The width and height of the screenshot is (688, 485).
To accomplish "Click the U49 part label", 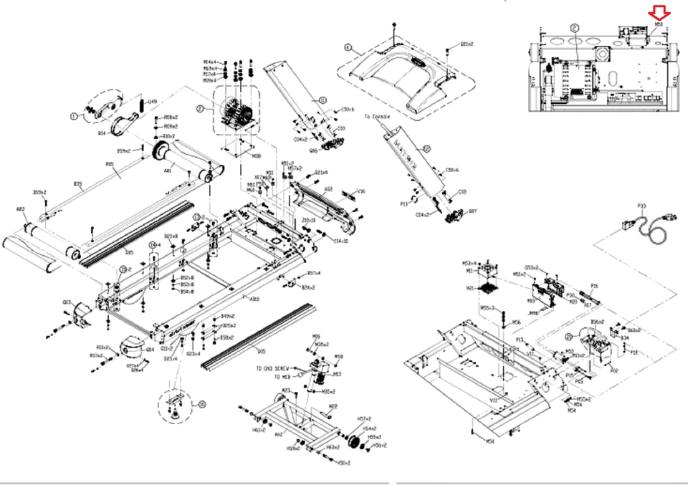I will pyautogui.click(x=152, y=102).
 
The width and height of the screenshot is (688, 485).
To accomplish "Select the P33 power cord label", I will pyautogui.click(x=641, y=206).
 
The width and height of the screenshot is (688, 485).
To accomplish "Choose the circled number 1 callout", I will pyautogui.click(x=73, y=115).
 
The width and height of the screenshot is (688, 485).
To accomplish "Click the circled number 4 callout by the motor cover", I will pyautogui.click(x=348, y=49).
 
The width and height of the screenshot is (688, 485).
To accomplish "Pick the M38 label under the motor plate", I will pyautogui.click(x=256, y=154).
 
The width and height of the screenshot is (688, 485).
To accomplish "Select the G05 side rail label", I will pyautogui.click(x=261, y=351).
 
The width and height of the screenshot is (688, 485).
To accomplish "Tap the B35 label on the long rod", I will pyautogui.click(x=110, y=165).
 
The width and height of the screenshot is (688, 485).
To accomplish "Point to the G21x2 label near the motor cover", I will pyautogui.click(x=467, y=44).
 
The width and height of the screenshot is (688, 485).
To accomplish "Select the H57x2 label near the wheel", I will pyautogui.click(x=363, y=418).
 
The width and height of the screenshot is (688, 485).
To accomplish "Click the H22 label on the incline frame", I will pyautogui.click(x=333, y=405).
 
